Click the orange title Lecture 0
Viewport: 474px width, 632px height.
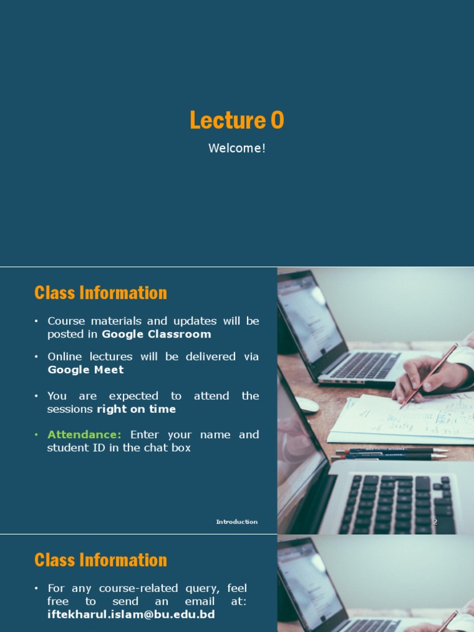click(237, 120)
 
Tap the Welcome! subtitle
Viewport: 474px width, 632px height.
click(237, 148)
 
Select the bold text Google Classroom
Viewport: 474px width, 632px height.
click(156, 334)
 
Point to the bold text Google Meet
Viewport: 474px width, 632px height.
click(86, 370)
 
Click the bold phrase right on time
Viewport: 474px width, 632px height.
click(136, 409)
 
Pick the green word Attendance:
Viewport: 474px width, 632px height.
click(85, 434)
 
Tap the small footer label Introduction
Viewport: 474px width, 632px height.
click(236, 522)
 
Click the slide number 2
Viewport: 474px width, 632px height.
click(434, 522)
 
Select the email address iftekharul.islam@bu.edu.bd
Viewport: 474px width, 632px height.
click(131, 615)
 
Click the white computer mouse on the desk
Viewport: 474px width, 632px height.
click(306, 405)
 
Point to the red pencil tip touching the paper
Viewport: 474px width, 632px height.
click(402, 407)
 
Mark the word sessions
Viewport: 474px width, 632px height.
click(70, 409)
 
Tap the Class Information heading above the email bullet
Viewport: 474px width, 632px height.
click(101, 560)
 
